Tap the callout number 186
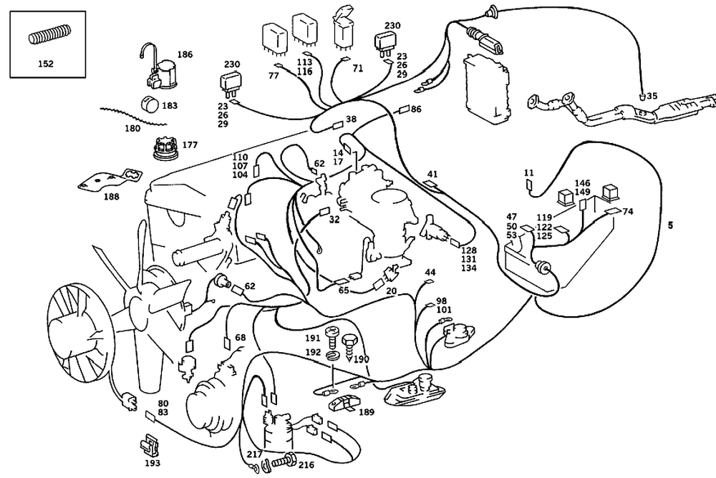coord(185,54)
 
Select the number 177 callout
coord(189,145)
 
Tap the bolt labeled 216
coord(285,461)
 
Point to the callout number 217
coord(255,454)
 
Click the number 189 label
coord(367,412)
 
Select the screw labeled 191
coord(332,333)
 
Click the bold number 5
coord(670,225)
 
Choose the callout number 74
coord(628,212)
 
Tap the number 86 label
coord(416,109)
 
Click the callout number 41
coord(432,174)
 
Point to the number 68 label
coord(240,337)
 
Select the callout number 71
coord(357,69)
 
